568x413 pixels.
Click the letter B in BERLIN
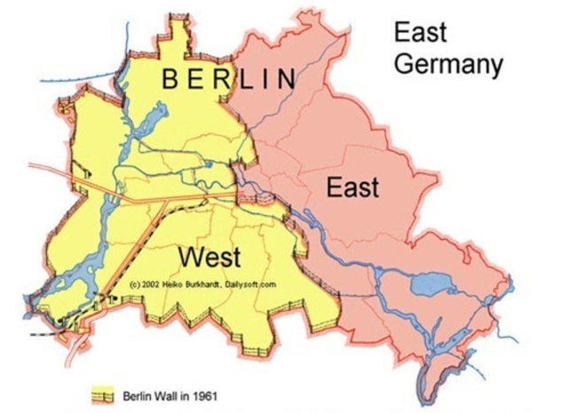pos(170,80)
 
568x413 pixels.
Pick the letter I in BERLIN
pos(264,80)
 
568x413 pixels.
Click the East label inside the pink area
pos(352,187)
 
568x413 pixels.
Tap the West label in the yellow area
pos(210,258)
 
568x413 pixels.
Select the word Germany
pos(448,66)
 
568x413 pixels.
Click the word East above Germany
pos(420,34)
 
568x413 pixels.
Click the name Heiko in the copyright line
pos(177,284)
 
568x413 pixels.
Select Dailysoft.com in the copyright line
pos(256,284)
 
